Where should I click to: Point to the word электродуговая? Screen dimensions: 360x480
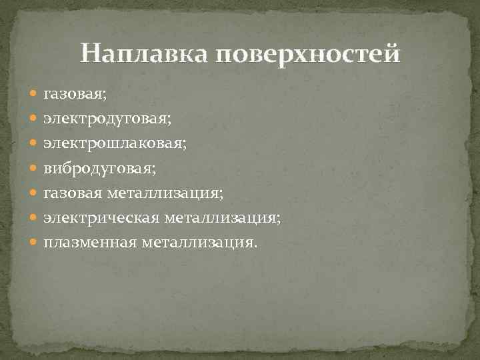coord(107,119)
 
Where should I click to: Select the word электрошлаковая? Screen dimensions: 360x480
coord(115,143)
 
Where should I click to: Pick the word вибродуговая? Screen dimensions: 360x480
coord(99,168)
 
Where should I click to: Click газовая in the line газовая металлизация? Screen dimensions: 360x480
coord(69,193)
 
